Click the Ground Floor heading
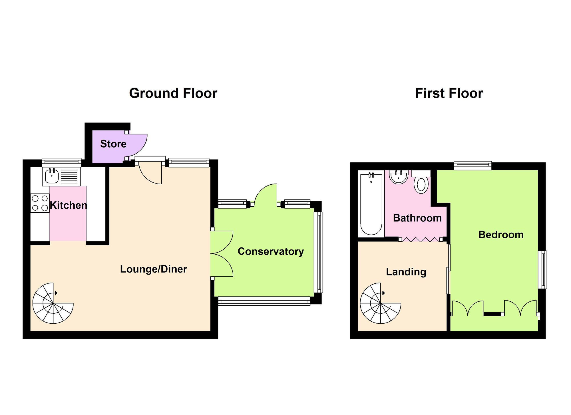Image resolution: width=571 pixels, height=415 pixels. click(173, 93)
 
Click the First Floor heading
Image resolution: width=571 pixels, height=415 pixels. click(449, 93)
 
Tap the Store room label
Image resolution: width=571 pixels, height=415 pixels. click(113, 144)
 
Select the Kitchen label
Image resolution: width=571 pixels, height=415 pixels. click(69, 205)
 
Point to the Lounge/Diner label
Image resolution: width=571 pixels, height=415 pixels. click(154, 269)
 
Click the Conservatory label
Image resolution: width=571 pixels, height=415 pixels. click(271, 251)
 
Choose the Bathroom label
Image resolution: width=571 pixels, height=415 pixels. click(417, 218)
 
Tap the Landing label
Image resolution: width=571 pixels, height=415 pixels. click(406, 272)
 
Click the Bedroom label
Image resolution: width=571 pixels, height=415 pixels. click(501, 235)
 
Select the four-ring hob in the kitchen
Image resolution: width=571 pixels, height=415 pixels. click(40, 203)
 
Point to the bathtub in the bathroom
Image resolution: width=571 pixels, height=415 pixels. click(371, 204)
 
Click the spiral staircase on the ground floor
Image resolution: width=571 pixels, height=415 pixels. click(53, 303)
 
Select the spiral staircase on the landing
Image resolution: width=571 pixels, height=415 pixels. click(381, 303)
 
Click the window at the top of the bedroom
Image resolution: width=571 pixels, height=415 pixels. click(473, 165)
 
